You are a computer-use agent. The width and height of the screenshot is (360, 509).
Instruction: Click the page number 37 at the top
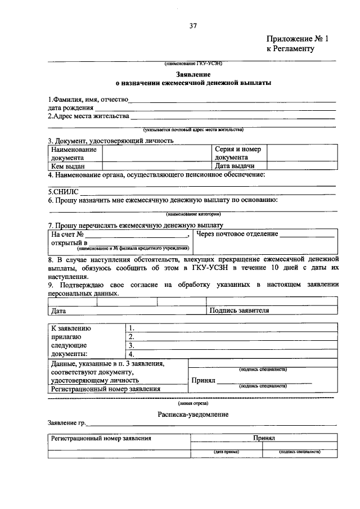pyautogui.click(x=192, y=25)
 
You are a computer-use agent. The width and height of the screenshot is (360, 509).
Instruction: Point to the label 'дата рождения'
pyautogui.click(x=70, y=108)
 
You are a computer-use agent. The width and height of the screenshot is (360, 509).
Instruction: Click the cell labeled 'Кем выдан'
pyautogui.click(x=68, y=166)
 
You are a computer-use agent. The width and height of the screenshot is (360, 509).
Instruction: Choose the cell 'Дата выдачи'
pyautogui.click(x=235, y=166)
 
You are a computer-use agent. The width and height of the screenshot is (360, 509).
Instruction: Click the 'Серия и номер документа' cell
pyautogui.click(x=238, y=154)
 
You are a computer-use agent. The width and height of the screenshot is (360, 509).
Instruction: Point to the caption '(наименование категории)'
pyautogui.click(x=193, y=214)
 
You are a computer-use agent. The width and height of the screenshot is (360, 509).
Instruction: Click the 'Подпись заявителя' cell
pyautogui.click(x=239, y=310)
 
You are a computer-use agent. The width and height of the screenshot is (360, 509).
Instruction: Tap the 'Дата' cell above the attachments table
pyautogui.click(x=58, y=310)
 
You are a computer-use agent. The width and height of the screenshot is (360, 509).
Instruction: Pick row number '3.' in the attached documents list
pyautogui.click(x=131, y=345)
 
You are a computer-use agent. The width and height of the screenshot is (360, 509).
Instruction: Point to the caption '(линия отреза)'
pyautogui.click(x=193, y=403)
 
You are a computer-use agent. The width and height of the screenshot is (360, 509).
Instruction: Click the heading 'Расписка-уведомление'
pyautogui.click(x=193, y=414)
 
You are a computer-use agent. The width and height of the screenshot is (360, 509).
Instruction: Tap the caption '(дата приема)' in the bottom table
pyautogui.click(x=226, y=452)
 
